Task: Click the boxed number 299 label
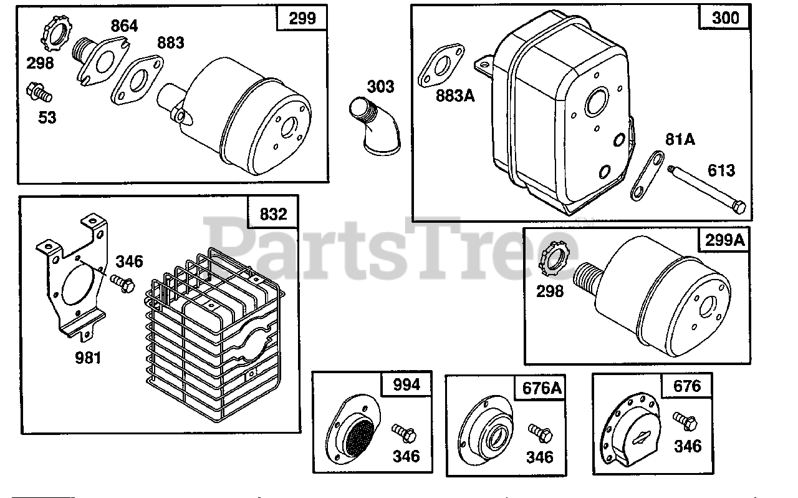[302, 18]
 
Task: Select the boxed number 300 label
[724, 17]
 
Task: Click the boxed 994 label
[406, 385]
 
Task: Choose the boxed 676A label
[541, 388]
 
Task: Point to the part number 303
[380, 86]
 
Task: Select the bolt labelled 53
[39, 94]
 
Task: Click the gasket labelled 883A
[441, 67]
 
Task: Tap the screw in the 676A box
[538, 431]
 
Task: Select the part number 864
[125, 26]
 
